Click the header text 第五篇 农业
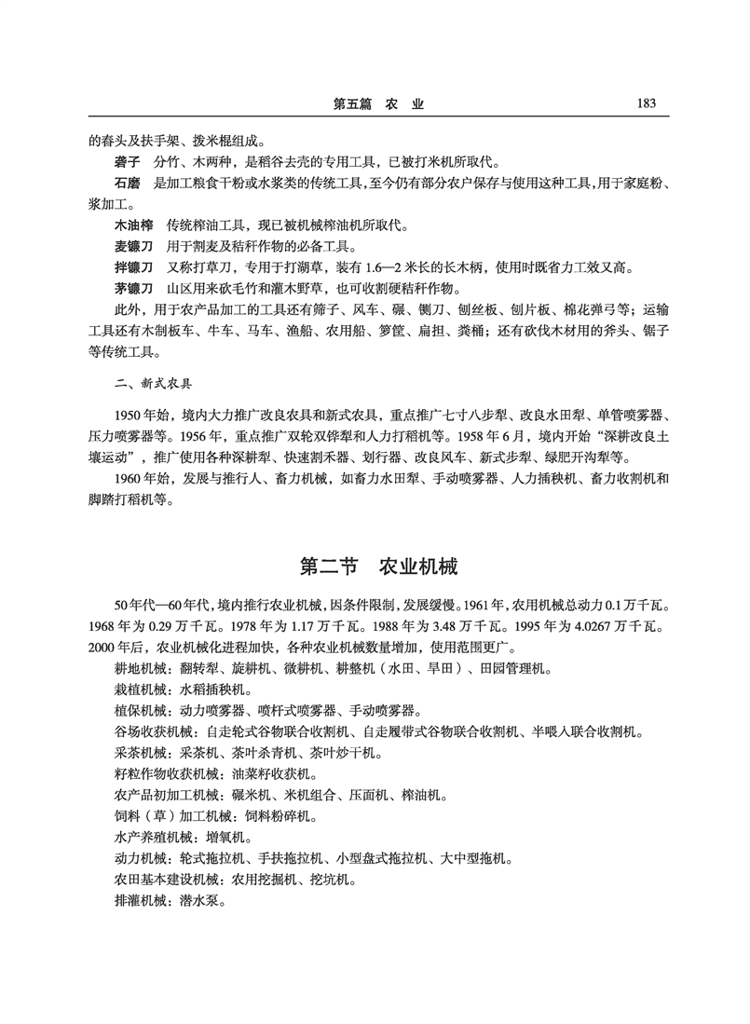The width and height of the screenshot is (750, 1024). coord(378,104)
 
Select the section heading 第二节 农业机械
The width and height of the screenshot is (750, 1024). coord(377,567)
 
